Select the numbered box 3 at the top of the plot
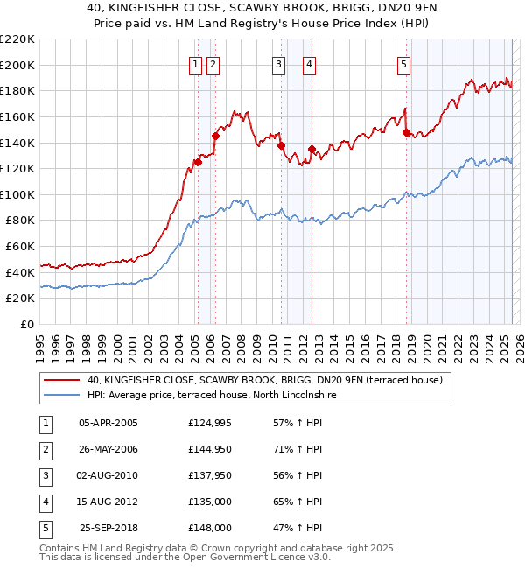pyautogui.click(x=278, y=63)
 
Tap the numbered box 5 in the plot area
pyautogui.click(x=403, y=63)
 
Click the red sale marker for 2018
pyautogui.click(x=407, y=132)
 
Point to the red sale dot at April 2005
pyautogui.click(x=199, y=162)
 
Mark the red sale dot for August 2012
pyautogui.click(x=311, y=149)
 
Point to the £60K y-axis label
pyautogui.click(x=20, y=247)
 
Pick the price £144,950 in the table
pyautogui.click(x=210, y=449)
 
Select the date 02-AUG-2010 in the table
pyautogui.click(x=108, y=475)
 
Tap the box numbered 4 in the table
pyautogui.click(x=45, y=502)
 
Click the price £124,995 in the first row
pyautogui.click(x=210, y=423)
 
